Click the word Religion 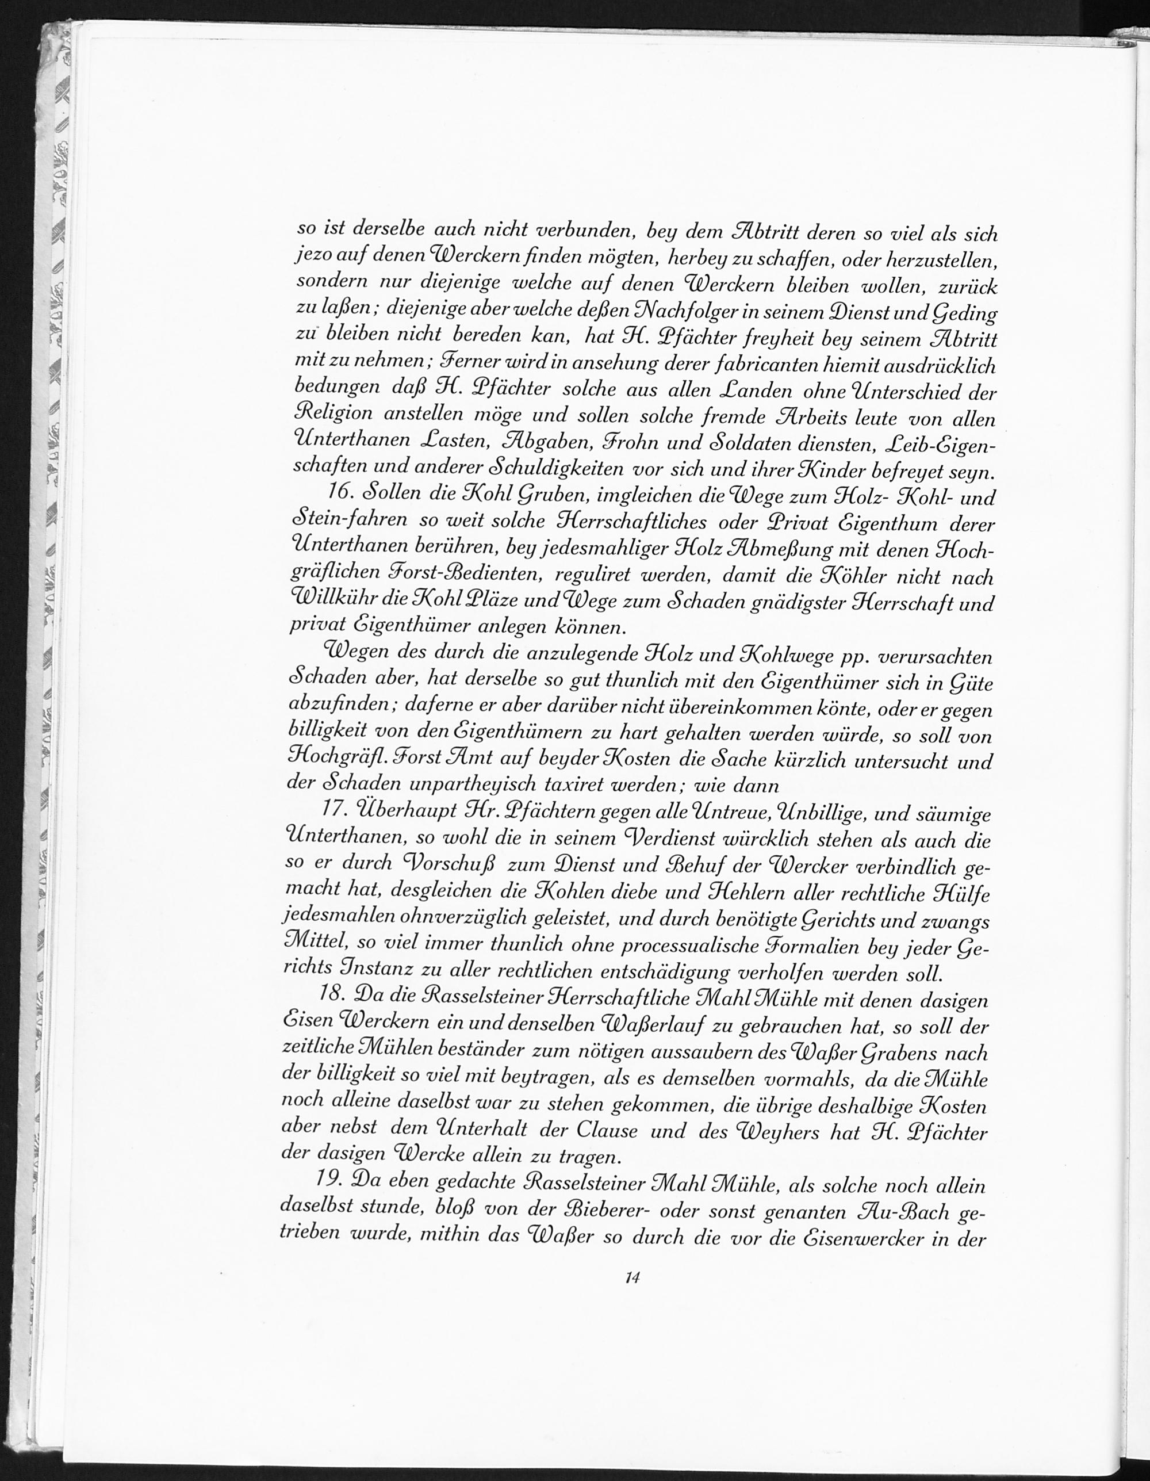(333, 415)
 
